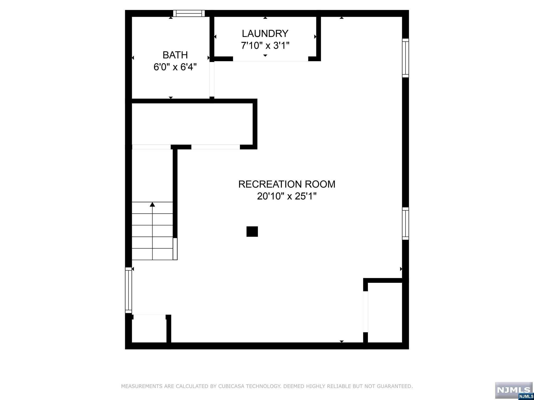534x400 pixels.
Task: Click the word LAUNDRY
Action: pos(265,34)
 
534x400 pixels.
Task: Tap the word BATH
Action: pos(175,55)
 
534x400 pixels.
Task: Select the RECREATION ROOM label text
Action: pos(287,184)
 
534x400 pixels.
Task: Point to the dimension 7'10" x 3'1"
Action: pos(265,46)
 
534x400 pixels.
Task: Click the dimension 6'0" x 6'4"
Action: pos(175,67)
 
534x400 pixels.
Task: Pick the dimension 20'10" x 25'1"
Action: pos(287,196)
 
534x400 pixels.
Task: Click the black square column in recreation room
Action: pos(252,232)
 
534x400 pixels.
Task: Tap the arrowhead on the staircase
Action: pos(152,204)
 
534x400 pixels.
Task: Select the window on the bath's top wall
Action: pos(189,13)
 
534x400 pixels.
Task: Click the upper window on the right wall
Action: pos(405,58)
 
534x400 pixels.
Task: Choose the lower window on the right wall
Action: pos(405,223)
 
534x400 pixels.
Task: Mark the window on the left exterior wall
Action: pos(128,290)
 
